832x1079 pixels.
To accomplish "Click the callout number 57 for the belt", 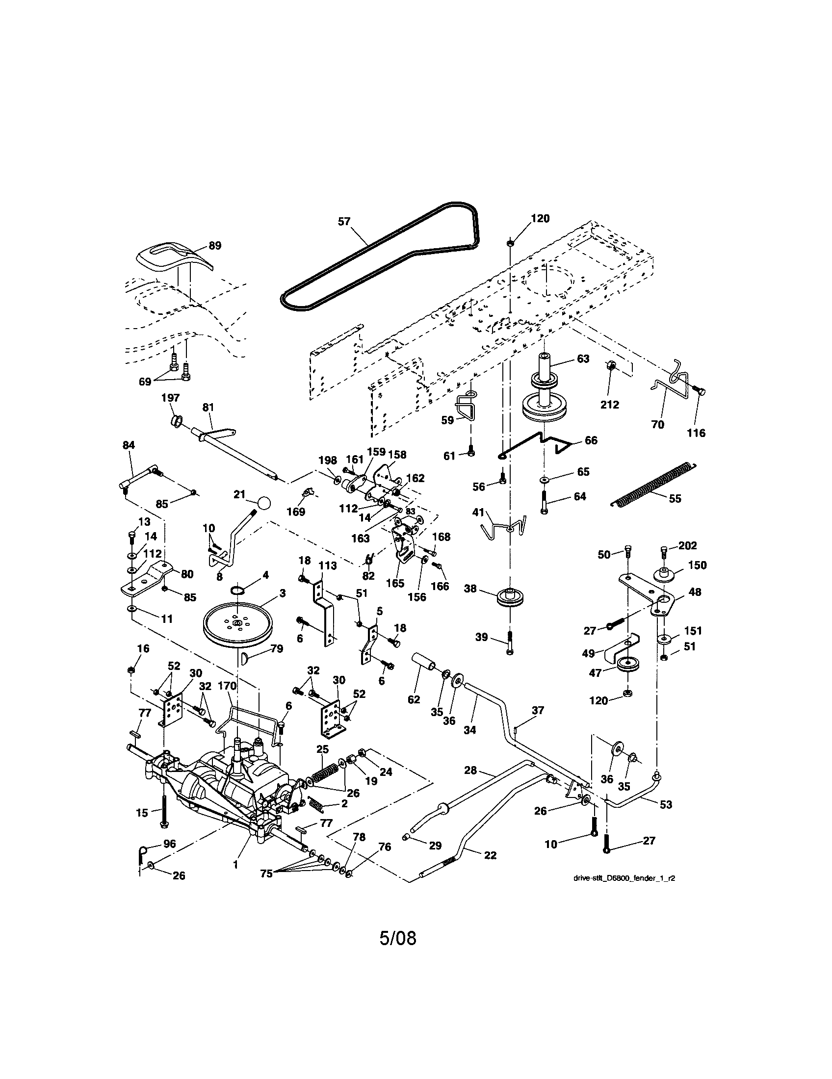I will [344, 221].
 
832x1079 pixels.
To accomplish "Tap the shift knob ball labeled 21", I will [264, 504].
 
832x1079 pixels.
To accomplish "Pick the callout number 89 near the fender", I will [215, 246].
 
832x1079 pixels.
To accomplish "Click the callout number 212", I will [610, 405].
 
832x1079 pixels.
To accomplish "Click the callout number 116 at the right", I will [697, 433].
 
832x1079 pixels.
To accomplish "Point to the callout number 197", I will [171, 398].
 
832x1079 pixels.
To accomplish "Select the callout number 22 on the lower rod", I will [490, 855].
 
